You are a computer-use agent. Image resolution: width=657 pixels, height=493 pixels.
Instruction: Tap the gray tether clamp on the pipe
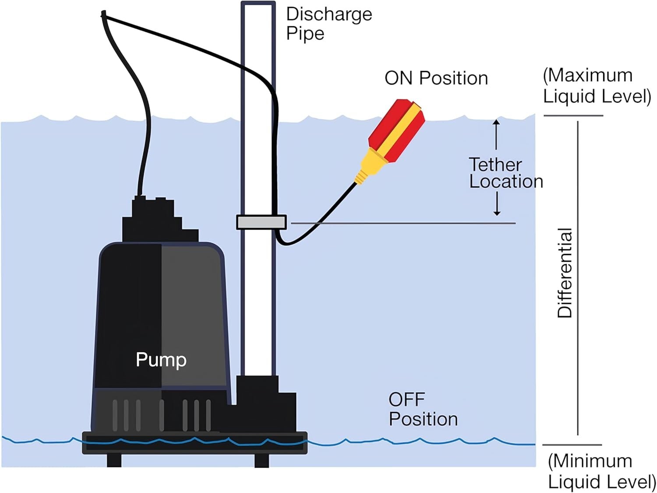(261, 222)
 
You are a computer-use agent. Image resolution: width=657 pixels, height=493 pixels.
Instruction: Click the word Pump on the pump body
(161, 360)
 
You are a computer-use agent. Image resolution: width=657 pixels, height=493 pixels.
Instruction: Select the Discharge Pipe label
(328, 24)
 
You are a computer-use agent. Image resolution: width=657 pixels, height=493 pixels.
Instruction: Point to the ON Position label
(436, 78)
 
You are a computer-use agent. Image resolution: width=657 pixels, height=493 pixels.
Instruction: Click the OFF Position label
(423, 409)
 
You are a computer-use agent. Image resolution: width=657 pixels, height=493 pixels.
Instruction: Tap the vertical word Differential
(565, 273)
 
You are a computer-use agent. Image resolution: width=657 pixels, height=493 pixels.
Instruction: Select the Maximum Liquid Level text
(597, 86)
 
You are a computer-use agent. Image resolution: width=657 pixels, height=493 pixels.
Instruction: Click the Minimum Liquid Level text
(601, 472)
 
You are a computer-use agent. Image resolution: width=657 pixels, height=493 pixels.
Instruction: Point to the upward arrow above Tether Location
(496, 134)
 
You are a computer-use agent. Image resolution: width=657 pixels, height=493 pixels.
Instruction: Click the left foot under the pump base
(114, 460)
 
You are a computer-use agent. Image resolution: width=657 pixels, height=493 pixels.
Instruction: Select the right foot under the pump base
(261, 460)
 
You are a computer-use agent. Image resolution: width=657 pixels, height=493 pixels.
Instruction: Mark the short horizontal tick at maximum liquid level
(573, 116)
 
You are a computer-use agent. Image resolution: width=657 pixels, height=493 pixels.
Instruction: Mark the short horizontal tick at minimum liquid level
(572, 445)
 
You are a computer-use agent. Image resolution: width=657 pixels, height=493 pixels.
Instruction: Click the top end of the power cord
(104, 14)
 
